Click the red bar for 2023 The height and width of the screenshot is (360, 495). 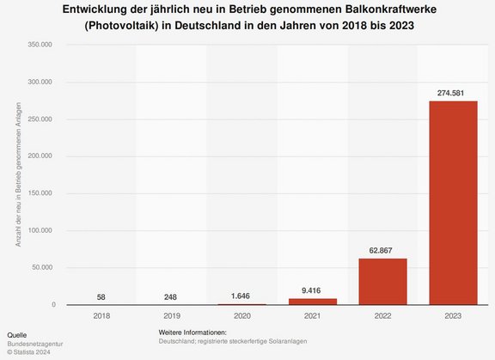pyautogui.click(x=453, y=203)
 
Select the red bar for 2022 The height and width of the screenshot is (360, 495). pyautogui.click(x=382, y=281)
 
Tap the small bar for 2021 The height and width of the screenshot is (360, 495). pyautogui.click(x=313, y=301)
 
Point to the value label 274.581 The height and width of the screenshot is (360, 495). pyautogui.click(x=453, y=92)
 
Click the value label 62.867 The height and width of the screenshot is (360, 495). pyautogui.click(x=382, y=249)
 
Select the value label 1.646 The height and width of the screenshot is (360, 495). pyautogui.click(x=242, y=296)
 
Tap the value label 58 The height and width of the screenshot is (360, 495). pyautogui.click(x=102, y=296)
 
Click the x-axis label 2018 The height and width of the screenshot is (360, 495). pyautogui.click(x=102, y=316)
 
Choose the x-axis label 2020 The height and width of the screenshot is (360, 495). pyautogui.click(x=242, y=316)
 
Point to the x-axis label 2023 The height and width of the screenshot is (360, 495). pyautogui.click(x=453, y=316)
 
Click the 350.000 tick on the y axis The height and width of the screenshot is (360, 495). pyautogui.click(x=41, y=45)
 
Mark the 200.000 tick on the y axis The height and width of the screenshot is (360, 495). pyautogui.click(x=41, y=156)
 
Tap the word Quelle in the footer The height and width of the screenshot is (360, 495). pyautogui.click(x=17, y=333)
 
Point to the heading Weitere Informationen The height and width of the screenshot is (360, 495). pyautogui.click(x=199, y=333)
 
